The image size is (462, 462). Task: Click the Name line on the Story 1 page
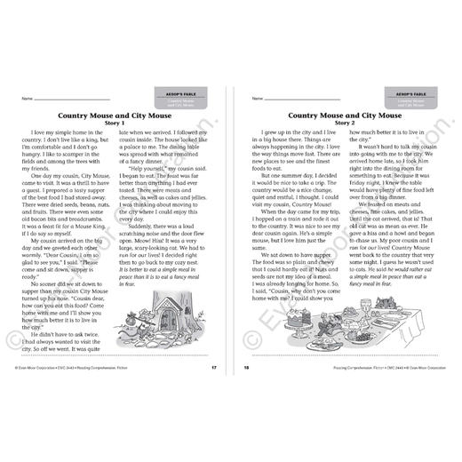pyautogui.click(x=71, y=98)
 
